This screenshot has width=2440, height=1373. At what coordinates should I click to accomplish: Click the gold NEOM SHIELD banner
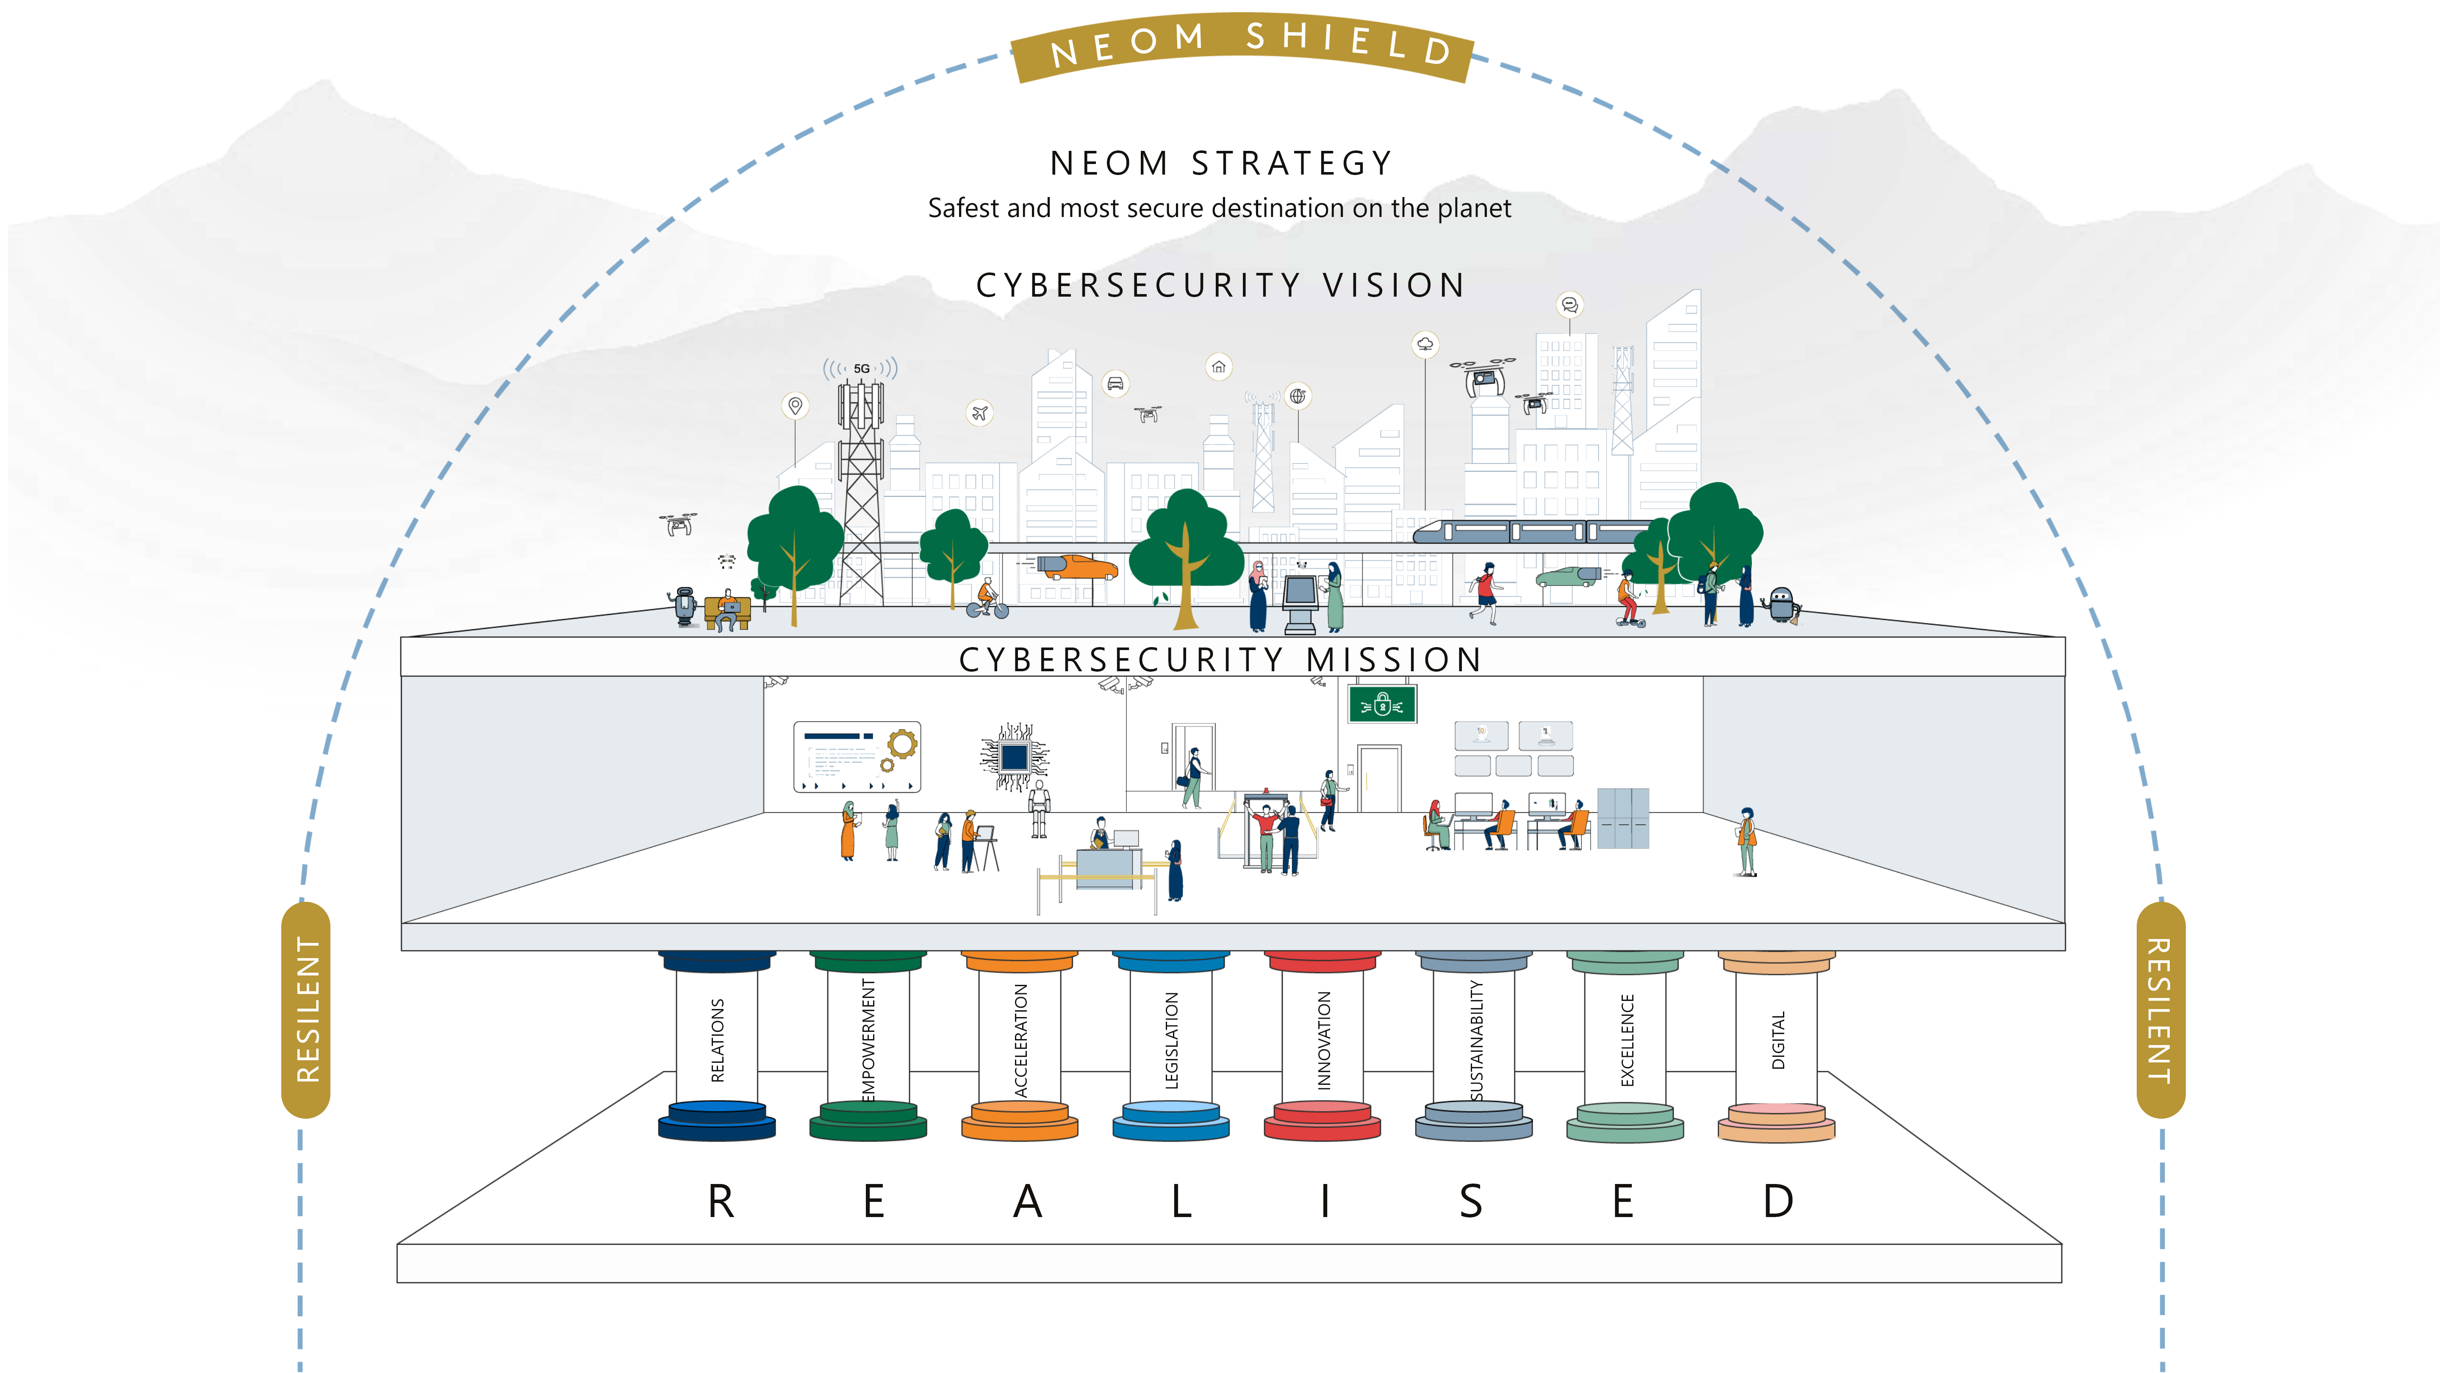pyautogui.click(x=1243, y=45)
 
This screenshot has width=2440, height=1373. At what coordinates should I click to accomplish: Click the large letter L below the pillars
pyautogui.click(x=1180, y=1201)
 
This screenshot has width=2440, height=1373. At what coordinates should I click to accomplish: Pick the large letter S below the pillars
pyautogui.click(x=1470, y=1201)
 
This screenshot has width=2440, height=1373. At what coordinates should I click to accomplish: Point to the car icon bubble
pyautogui.click(x=1116, y=384)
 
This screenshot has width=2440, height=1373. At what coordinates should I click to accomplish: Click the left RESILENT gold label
pyautogui.click(x=306, y=1009)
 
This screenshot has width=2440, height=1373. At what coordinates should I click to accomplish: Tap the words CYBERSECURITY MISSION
pyautogui.click(x=1220, y=659)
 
